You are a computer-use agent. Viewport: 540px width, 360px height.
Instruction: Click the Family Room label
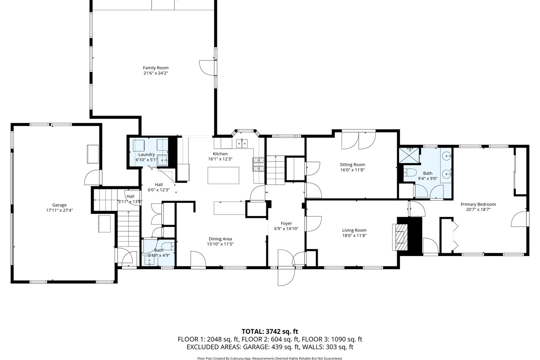point(156,68)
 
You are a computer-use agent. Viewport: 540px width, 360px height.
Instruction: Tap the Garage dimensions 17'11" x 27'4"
point(59,210)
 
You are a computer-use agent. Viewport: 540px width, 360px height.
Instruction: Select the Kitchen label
point(220,154)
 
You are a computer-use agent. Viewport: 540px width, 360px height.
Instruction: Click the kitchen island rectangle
point(223,175)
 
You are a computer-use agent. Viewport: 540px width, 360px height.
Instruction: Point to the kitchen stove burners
point(259,164)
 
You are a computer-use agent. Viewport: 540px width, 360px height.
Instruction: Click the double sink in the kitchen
point(242,144)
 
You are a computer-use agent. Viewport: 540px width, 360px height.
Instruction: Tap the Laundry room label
point(146,154)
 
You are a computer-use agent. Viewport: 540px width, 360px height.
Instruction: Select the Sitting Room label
point(352,165)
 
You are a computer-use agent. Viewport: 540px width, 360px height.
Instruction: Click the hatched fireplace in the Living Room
point(400,237)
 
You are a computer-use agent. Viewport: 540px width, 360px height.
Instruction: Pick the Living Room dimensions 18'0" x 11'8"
point(354,236)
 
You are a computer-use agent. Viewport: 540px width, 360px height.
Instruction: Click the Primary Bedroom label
point(478,204)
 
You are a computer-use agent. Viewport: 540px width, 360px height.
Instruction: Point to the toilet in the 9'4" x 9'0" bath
point(410,172)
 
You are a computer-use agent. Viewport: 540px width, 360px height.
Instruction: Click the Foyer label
point(286,224)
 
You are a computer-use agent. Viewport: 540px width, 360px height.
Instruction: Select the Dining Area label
point(220,239)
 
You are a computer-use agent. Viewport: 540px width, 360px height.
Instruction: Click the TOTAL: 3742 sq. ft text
point(270,332)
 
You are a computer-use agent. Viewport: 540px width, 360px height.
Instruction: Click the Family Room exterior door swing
point(207,68)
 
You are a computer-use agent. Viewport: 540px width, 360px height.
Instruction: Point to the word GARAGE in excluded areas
point(256,347)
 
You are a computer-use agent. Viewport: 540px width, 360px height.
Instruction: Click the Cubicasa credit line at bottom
point(270,358)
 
